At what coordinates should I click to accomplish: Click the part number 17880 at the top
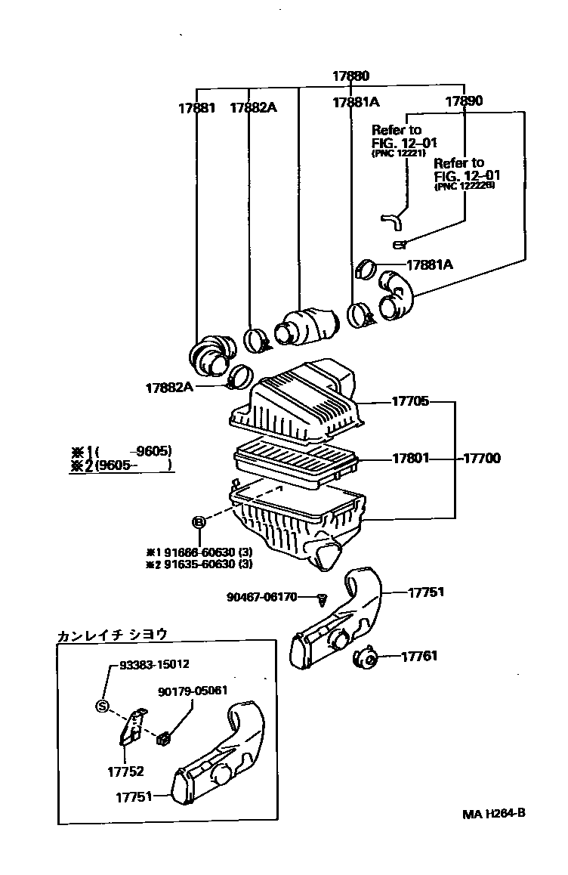351,76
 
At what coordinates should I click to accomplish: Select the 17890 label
464,100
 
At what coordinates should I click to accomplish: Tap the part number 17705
410,401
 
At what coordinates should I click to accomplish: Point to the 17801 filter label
410,458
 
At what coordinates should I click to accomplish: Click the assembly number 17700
481,458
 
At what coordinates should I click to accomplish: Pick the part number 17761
418,657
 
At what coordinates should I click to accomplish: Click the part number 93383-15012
154,664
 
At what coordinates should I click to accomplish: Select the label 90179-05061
193,691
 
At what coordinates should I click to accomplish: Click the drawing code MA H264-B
494,814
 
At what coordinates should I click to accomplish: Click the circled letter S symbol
102,706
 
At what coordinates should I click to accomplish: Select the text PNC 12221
398,153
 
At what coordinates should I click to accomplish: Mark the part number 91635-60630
199,564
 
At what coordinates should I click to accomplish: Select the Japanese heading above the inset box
112,635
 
